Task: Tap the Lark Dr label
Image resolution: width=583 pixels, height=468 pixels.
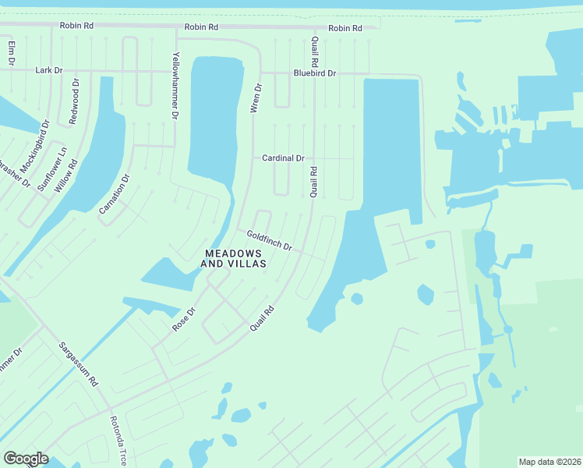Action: (48, 70)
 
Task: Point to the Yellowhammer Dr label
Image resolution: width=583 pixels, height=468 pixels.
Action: (175, 87)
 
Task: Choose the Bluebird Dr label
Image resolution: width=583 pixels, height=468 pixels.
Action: (314, 73)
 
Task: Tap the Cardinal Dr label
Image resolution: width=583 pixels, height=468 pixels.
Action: (283, 158)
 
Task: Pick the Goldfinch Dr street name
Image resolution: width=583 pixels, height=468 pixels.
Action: (269, 240)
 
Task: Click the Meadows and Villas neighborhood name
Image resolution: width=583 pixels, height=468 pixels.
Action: (234, 258)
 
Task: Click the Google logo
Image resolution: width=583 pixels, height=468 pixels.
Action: (26, 459)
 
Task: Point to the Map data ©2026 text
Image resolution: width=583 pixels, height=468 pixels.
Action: (549, 461)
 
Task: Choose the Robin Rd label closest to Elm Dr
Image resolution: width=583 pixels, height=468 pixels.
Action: (76, 26)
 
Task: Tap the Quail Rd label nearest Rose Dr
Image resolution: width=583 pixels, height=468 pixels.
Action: (263, 320)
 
